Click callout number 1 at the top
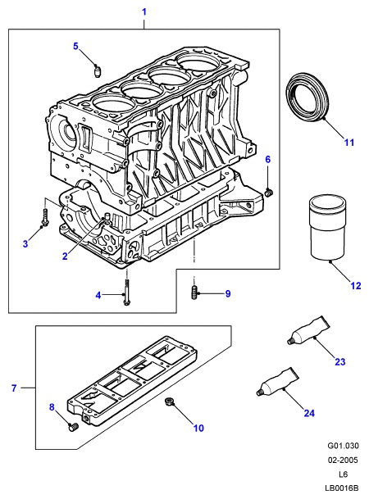click(144, 12)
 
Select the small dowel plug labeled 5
click(98, 71)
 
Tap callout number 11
click(349, 143)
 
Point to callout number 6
click(268, 160)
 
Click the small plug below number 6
click(269, 193)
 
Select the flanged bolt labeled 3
click(45, 217)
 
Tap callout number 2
click(65, 256)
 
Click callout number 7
click(14, 388)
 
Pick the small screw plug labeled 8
click(74, 426)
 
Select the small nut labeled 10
click(168, 402)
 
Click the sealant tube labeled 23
click(308, 330)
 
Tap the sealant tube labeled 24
click(278, 382)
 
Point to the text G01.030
click(343, 446)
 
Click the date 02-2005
click(343, 460)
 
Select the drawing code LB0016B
click(342, 488)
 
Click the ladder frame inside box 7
click(132, 382)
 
